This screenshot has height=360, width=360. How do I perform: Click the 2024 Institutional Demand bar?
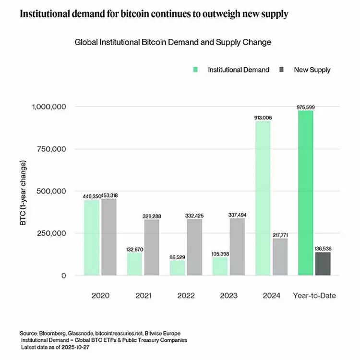263,198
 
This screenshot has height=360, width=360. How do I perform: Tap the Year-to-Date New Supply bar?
323,264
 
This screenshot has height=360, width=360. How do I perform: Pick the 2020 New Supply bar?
109,237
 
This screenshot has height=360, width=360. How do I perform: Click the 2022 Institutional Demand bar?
177,268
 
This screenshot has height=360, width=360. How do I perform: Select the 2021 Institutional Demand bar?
134,264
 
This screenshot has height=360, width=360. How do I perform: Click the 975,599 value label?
305,107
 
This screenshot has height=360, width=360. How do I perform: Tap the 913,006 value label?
263,118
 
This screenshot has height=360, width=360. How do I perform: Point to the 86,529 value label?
177,257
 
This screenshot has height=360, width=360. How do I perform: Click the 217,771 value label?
280,235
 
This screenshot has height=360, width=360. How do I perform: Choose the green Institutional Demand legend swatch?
195,70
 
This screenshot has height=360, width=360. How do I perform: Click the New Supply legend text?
312,70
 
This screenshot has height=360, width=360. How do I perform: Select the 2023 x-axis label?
228,296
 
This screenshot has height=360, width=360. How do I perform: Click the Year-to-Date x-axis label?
314,296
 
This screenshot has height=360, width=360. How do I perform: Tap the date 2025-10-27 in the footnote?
73,347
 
